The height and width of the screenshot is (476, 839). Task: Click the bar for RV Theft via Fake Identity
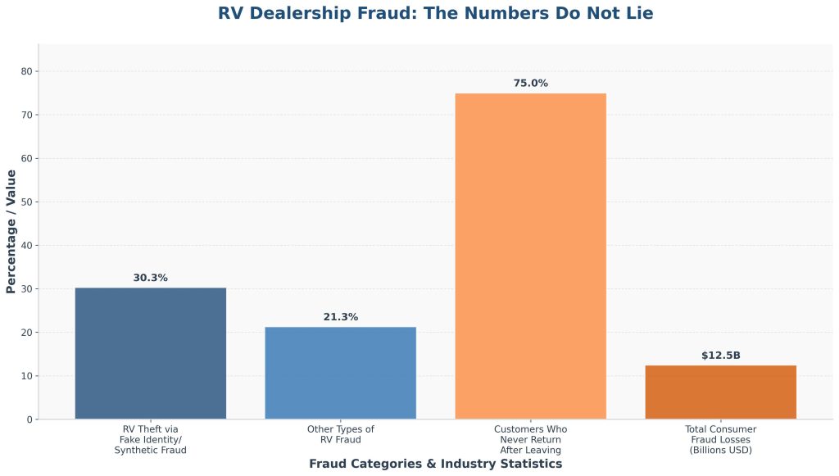150,353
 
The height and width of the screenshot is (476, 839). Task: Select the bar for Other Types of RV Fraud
340,373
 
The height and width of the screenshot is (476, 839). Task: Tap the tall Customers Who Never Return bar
530,256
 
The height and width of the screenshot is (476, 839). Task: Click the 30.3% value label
150,278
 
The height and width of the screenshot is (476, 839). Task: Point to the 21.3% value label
340,317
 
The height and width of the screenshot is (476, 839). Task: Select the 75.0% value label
530,84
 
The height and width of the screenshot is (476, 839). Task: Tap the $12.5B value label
720,356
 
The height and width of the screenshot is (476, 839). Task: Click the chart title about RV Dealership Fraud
435,13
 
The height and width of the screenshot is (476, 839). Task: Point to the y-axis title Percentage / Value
11,231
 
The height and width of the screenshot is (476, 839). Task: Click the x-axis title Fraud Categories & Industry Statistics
435,464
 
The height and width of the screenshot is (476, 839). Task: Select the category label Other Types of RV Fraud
340,434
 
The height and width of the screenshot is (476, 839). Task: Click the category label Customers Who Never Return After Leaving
530,440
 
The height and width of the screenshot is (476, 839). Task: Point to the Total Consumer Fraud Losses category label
720,440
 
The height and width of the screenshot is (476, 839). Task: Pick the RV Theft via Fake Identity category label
150,440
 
